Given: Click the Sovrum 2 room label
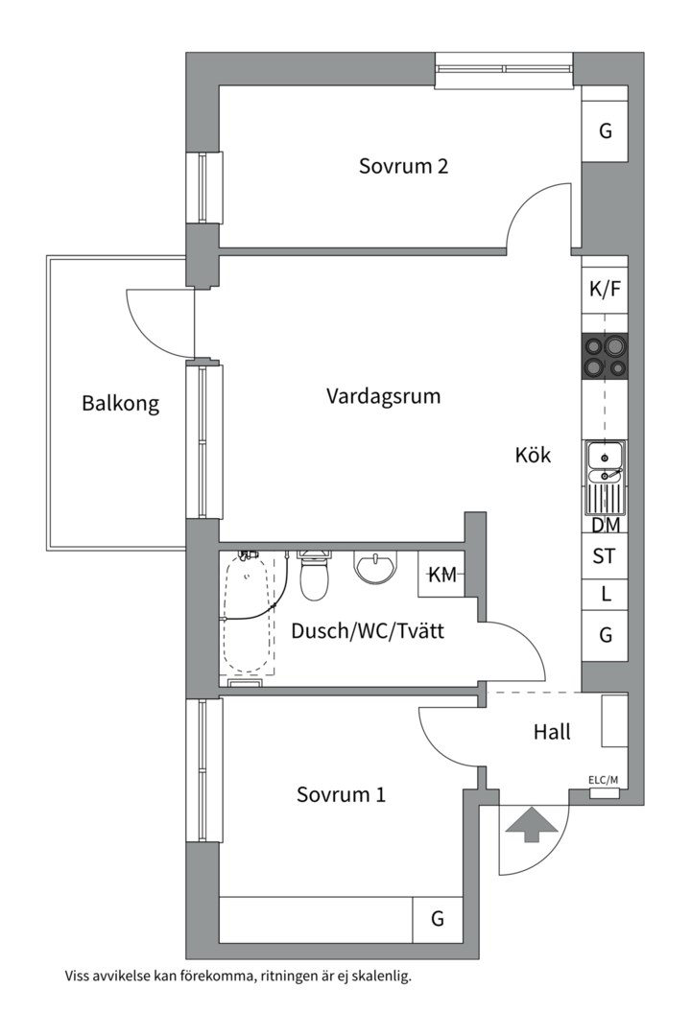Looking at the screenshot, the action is point(403,165).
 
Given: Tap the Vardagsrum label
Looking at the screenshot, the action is point(384,396).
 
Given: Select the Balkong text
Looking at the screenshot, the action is point(120,403).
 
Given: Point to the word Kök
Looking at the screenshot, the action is point(533,455).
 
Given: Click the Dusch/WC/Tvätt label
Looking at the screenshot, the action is point(368,631).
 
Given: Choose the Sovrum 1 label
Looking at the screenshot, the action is point(341,793).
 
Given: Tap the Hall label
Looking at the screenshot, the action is point(552,732).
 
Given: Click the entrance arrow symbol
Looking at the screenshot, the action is point(531,825).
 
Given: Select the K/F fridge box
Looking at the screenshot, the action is point(605,289).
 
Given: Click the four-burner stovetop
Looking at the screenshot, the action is point(605,356).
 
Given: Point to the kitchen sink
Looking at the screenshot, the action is point(605,478).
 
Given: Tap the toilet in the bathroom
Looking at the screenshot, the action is point(314,574).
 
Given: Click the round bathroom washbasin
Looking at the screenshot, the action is point(377,567).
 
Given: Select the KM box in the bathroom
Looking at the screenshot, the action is point(441,574).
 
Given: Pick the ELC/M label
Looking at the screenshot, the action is point(603,780).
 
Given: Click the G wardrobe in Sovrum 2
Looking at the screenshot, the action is point(605,130).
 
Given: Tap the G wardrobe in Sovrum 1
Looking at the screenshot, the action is point(437,919).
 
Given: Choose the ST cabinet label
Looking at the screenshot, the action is point(604,556).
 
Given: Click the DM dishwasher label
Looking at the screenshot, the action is point(606,526).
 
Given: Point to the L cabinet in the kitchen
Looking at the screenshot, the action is point(605,595).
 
